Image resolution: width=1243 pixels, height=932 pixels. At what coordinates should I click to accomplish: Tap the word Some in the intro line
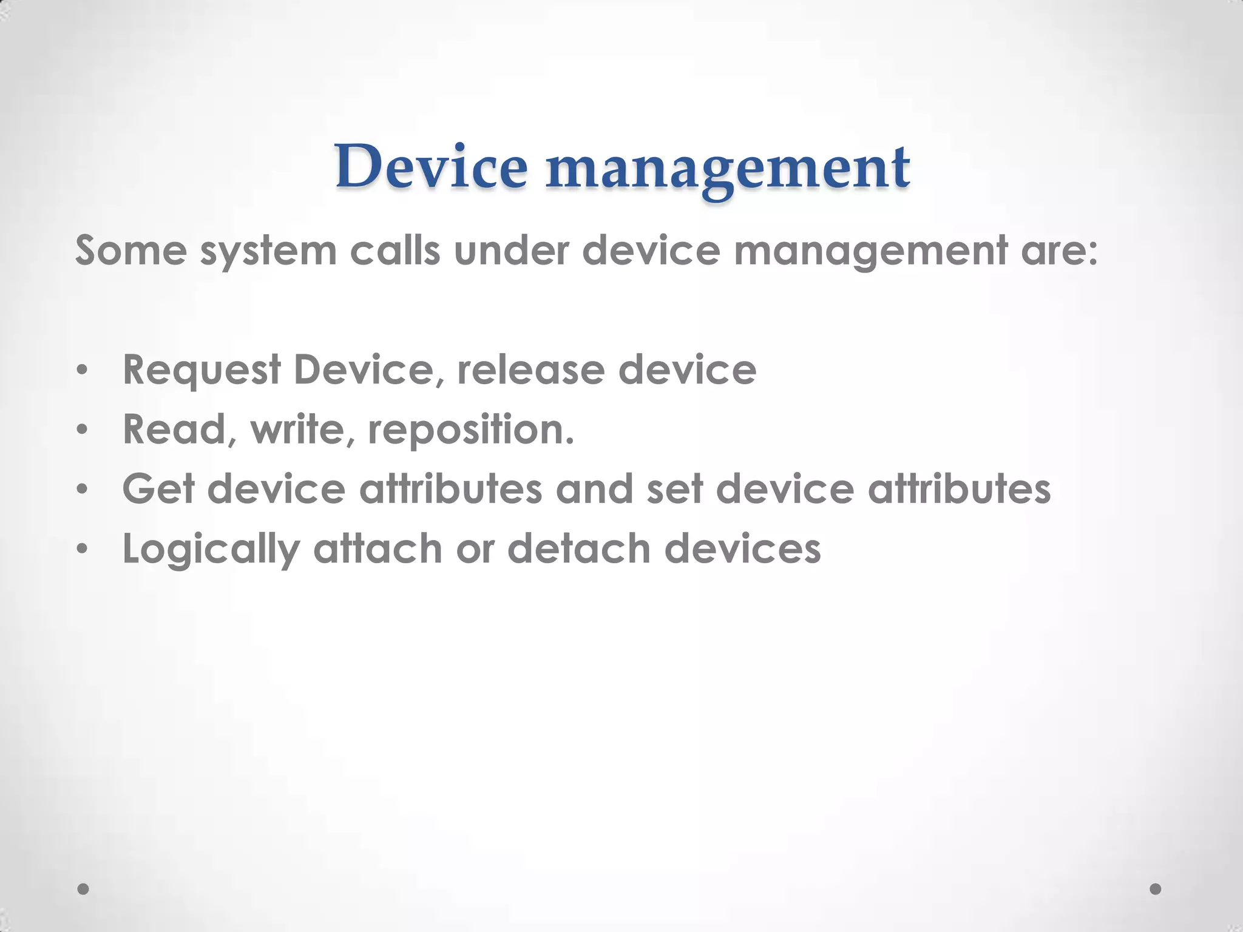point(130,250)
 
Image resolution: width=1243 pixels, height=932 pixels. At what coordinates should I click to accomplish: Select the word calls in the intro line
point(395,250)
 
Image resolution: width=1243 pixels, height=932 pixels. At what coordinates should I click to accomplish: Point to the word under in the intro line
point(511,250)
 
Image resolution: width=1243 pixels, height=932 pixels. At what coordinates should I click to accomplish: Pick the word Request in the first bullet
point(202,370)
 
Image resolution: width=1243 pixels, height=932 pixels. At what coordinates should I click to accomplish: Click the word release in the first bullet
point(530,370)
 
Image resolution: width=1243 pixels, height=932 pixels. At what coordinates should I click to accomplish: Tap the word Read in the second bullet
point(175,429)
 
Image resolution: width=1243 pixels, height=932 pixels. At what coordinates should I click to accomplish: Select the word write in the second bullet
point(298,429)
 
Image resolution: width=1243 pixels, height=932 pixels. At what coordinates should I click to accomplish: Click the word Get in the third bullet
point(158,488)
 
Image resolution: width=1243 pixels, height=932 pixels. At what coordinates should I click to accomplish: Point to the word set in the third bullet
point(674,488)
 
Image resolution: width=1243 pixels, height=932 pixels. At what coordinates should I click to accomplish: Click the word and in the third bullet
point(594,488)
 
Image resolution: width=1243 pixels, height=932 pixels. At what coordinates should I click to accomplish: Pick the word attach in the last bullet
point(378,548)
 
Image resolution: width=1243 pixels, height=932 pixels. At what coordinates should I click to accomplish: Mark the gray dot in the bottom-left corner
point(84,888)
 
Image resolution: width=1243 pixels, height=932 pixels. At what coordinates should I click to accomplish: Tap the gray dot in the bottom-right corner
point(1156,888)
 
